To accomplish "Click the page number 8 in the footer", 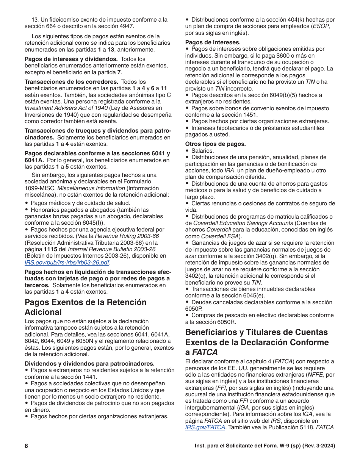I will [27, 446].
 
